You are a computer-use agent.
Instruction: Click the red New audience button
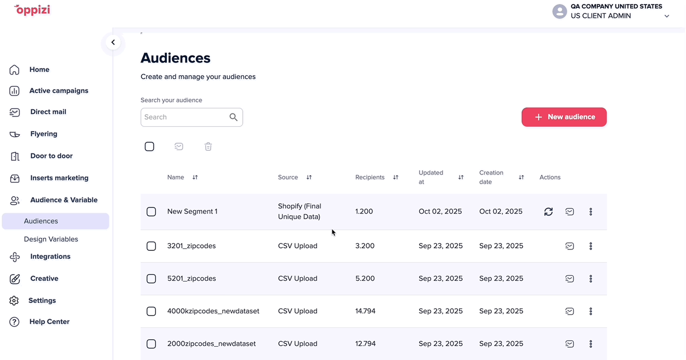(x=564, y=117)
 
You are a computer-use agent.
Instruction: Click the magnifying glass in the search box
(x=233, y=117)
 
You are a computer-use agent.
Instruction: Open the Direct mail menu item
(x=48, y=112)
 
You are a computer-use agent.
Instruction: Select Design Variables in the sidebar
(x=51, y=239)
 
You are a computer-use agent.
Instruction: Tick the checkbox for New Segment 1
(x=151, y=212)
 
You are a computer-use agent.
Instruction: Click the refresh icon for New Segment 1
(x=549, y=212)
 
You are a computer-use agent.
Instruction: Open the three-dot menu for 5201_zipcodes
(x=591, y=279)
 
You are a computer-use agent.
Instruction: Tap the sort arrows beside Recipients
(x=396, y=177)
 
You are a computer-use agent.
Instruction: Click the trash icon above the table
(x=208, y=147)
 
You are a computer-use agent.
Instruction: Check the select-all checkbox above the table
(x=149, y=147)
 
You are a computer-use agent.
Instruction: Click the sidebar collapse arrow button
(x=113, y=42)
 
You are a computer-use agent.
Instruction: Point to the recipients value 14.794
(x=365, y=311)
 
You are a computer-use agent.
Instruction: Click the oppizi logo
(x=32, y=10)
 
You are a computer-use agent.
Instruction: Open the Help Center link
(x=49, y=322)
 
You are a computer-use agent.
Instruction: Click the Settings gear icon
(x=14, y=301)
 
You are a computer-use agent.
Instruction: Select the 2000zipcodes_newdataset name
(x=211, y=343)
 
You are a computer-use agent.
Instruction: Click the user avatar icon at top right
(x=560, y=11)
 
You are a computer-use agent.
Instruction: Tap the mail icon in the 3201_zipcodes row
(x=570, y=246)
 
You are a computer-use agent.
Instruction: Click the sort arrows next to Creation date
(x=521, y=177)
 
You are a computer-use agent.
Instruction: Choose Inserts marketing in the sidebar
(x=59, y=178)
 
